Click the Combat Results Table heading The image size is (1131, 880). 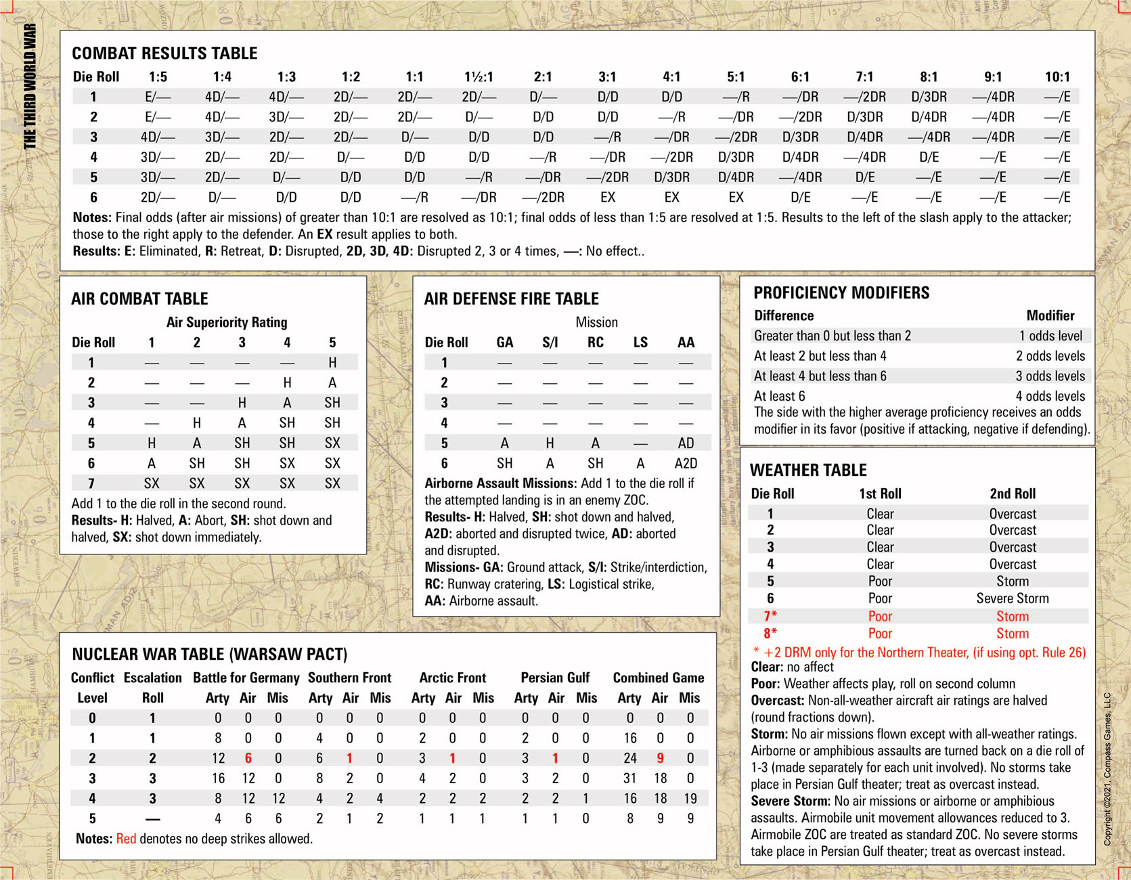164,53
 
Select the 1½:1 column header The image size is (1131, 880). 479,77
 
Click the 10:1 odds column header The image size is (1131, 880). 1057,77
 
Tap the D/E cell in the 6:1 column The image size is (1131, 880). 800,198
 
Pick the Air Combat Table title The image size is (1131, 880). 139,299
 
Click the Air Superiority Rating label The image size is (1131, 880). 227,322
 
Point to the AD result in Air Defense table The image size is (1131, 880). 686,443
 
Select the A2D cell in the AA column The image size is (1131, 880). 686,464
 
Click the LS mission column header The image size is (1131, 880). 640,343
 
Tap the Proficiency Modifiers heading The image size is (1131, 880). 841,293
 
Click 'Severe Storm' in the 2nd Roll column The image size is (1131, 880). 1012,598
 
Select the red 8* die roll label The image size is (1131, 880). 770,634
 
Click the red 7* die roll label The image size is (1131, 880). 770,616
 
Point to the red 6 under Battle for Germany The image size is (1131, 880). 248,758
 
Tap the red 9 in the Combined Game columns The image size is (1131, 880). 660,758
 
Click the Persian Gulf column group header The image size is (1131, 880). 555,678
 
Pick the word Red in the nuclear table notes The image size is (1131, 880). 126,839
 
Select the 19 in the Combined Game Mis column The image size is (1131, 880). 690,799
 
